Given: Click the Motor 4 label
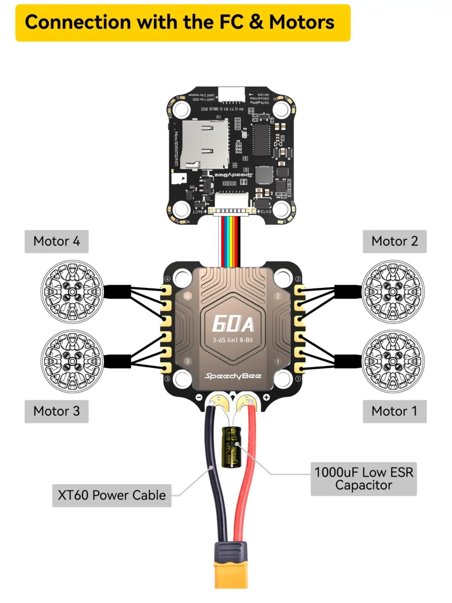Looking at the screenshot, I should click(57, 242).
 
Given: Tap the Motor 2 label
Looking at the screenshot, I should click(394, 242).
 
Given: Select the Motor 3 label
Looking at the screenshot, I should click(57, 411).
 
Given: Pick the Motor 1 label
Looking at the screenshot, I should click(394, 411).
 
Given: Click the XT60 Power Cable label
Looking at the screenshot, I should click(112, 495).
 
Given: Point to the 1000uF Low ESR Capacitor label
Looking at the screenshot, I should click(363, 479).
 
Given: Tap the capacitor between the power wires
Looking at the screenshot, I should click(232, 447).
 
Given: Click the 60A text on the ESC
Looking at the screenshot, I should click(233, 324).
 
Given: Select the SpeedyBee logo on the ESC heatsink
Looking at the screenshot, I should click(233, 376).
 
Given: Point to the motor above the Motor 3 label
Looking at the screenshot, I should click(72, 361).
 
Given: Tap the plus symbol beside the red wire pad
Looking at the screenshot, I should click(266, 397).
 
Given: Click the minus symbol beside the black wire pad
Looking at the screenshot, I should click(199, 397).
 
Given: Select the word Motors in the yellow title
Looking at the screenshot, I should click(302, 23).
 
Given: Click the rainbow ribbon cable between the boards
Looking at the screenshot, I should click(231, 241).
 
